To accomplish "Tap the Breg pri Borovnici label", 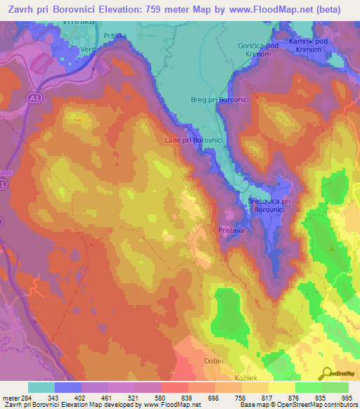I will click(220, 100).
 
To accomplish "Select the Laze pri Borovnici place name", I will click(195, 141).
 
